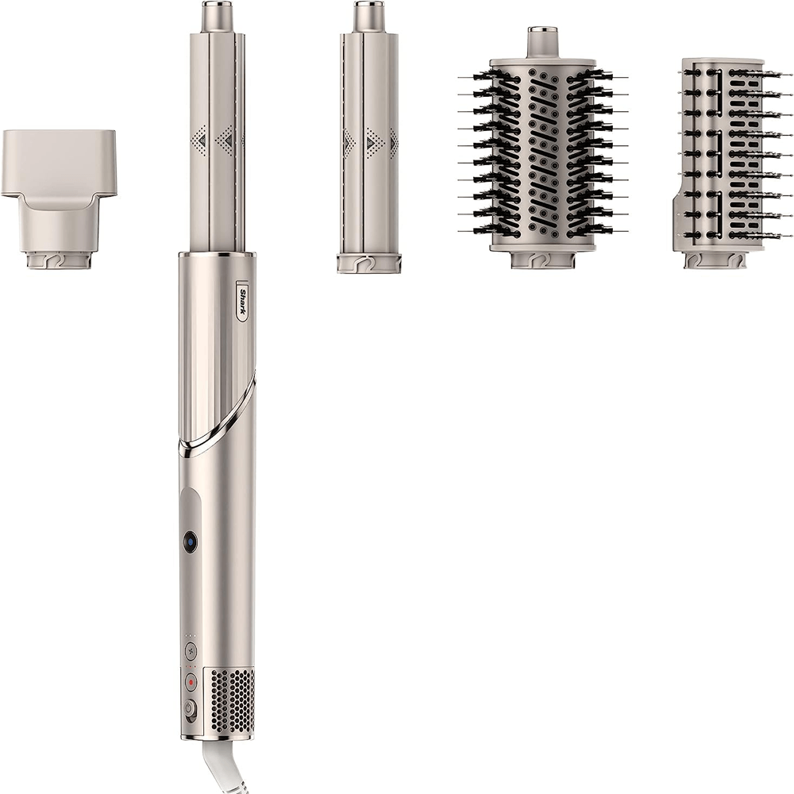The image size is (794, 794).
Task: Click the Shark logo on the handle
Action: coord(245,302)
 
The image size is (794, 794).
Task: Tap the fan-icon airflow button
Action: coord(191,650)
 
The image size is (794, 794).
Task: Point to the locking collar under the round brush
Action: coord(543,260)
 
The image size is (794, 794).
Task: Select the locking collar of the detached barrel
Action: coord(368,263)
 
